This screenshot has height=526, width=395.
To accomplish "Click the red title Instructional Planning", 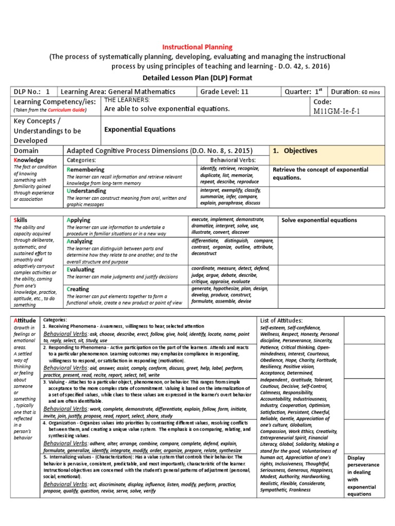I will (x=198, y=47).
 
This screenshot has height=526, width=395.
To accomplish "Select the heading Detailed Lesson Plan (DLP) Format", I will (x=198, y=78).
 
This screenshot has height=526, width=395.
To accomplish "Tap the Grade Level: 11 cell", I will (x=222, y=92).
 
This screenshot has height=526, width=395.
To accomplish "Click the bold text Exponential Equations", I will (x=139, y=129).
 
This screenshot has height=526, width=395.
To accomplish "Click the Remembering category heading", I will (x=88, y=170).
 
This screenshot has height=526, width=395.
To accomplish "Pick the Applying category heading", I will (x=79, y=220).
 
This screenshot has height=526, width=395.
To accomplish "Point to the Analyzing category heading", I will (x=80, y=241).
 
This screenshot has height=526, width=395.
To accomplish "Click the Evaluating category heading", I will (x=81, y=269).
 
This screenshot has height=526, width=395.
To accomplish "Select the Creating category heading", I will (x=78, y=289).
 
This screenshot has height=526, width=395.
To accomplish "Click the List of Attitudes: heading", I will (x=282, y=321).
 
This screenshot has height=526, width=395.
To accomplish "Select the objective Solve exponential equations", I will (x=319, y=220).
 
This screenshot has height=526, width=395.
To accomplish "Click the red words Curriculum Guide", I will (x=66, y=110).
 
